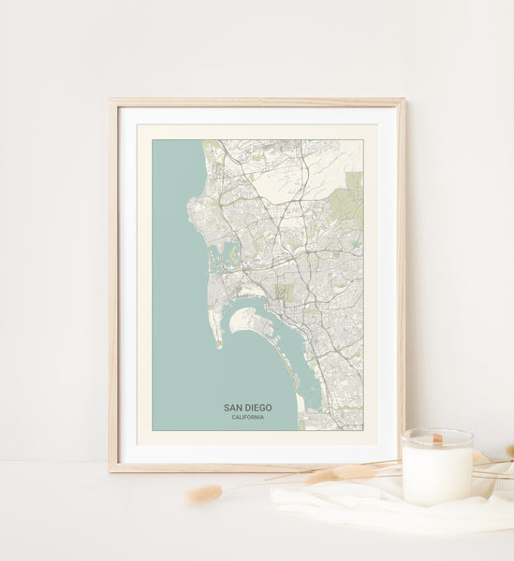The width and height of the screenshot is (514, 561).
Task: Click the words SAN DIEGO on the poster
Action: click(247, 408)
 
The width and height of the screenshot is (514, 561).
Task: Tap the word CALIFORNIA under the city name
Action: click(247, 417)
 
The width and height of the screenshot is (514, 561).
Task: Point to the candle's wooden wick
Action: click(437, 438)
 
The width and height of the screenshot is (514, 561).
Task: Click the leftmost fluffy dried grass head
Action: click(204, 494)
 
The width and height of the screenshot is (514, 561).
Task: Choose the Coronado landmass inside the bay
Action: click(249, 321)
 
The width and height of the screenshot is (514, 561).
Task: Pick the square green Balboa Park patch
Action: click(286, 293)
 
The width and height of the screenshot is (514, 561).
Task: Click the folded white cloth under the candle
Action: click(374, 505)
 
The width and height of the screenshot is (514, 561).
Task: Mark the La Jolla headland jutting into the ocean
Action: click(193, 201)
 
